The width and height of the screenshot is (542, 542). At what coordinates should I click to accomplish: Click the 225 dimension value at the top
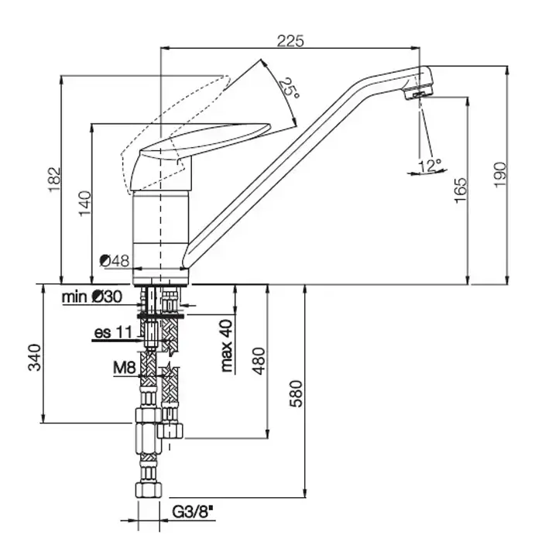[x=290, y=41]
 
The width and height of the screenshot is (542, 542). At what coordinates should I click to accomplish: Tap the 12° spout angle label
[x=430, y=165]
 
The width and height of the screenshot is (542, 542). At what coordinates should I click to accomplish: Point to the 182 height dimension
[x=54, y=180]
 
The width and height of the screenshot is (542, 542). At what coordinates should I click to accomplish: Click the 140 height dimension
[x=85, y=204]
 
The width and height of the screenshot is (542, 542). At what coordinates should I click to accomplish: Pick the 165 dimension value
[x=461, y=190]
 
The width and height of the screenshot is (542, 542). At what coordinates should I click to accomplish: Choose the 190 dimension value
[x=500, y=174]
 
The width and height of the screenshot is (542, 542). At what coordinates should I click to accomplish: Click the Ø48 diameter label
[x=115, y=261]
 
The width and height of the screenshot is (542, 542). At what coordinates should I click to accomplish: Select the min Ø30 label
[x=92, y=297]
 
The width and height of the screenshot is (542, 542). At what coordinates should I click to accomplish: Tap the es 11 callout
[x=113, y=332]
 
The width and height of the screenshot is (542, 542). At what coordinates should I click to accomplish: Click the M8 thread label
[x=125, y=368]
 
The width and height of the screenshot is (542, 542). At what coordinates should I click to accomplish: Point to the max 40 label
[x=227, y=345]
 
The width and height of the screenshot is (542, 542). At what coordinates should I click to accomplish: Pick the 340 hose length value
[x=35, y=358]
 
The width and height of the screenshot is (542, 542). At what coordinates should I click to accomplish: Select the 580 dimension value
[x=296, y=393]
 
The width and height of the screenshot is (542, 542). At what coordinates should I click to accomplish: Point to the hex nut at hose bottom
[x=149, y=489]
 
